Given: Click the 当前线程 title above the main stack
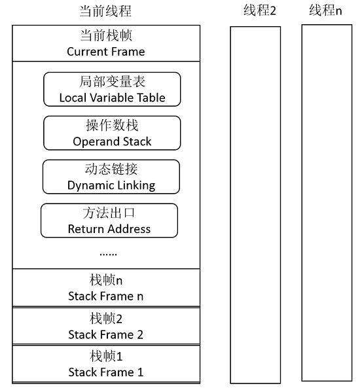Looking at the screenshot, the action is tap(105, 11).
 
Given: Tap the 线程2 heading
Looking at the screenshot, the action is tap(260, 10).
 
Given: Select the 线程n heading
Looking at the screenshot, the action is tap(325, 10).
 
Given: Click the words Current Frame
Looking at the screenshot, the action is tap(106, 52).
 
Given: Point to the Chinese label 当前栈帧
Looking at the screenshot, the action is tap(106, 35).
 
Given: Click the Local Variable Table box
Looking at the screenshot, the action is tap(112, 89).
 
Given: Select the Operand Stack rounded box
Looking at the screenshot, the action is tap(112, 133).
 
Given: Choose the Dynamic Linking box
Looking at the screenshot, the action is tap(111, 177).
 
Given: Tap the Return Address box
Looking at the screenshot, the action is tap(109, 221).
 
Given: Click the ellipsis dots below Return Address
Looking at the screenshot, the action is tap(108, 255).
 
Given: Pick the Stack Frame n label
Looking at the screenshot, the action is tap(106, 296).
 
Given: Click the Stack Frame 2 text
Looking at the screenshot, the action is tap(106, 335).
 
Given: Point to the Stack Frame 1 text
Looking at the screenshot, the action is tap(106, 372).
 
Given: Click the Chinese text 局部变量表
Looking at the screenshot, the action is tap(112, 82).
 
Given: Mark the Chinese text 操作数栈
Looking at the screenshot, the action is tap(112, 125).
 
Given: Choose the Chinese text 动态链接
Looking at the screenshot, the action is tap(111, 169).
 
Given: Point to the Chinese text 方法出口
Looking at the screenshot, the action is tap(109, 213).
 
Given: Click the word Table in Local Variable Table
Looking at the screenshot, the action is tap(152, 98).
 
